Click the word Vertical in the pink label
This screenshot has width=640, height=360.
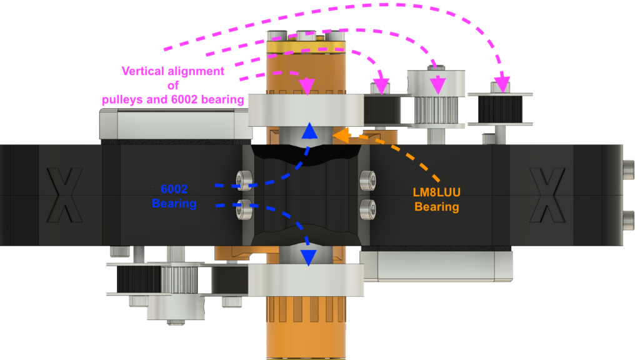[143, 71]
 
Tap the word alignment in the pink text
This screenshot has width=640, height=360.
[196, 71]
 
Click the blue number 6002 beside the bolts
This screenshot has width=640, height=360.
[174, 189]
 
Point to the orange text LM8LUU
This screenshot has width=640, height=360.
[436, 192]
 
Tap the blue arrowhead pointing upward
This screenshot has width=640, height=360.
[310, 131]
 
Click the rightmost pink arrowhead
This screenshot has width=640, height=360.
[502, 85]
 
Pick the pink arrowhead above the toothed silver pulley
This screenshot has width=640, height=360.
[437, 85]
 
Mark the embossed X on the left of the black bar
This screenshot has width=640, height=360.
[64, 195]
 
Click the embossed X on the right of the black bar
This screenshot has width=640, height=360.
[547, 195]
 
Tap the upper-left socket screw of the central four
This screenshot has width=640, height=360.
[244, 181]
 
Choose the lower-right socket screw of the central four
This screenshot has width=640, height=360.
[367, 209]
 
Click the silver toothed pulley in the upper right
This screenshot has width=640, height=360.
[437, 110]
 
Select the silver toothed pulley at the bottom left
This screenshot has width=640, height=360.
[174, 279]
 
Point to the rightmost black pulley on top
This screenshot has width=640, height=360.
[500, 109]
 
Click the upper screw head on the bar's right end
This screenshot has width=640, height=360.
[629, 169]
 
